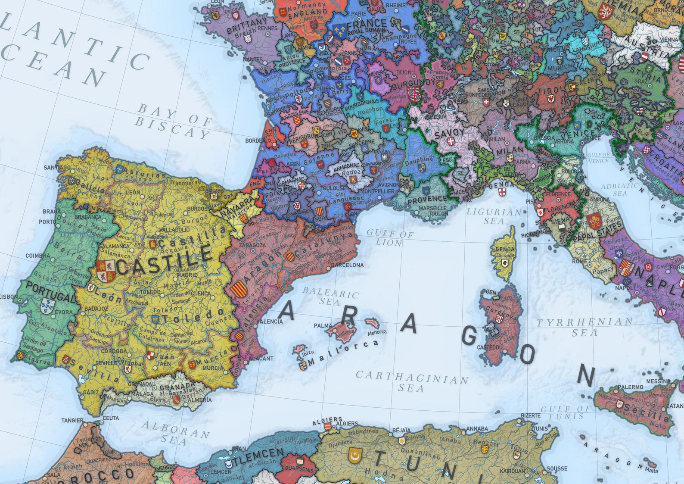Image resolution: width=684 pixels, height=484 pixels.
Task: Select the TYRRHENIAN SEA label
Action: coord(585,327)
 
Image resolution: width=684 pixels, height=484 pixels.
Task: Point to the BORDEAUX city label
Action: coord(258,141)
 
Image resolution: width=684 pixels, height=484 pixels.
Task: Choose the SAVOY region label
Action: coord(449,132)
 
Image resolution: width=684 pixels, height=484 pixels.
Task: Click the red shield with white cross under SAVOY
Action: coord(451,141)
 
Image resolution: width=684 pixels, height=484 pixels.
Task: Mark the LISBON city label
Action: coord(9,297)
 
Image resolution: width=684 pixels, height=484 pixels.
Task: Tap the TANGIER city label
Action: coord(72,420)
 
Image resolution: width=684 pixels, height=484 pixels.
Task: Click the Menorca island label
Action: coord(377,332)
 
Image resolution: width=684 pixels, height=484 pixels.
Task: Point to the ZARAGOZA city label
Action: coord(252,245)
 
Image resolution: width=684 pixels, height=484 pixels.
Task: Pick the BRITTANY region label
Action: coord(246,27)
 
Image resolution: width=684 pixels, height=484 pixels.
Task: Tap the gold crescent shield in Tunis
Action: coord(354,455)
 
